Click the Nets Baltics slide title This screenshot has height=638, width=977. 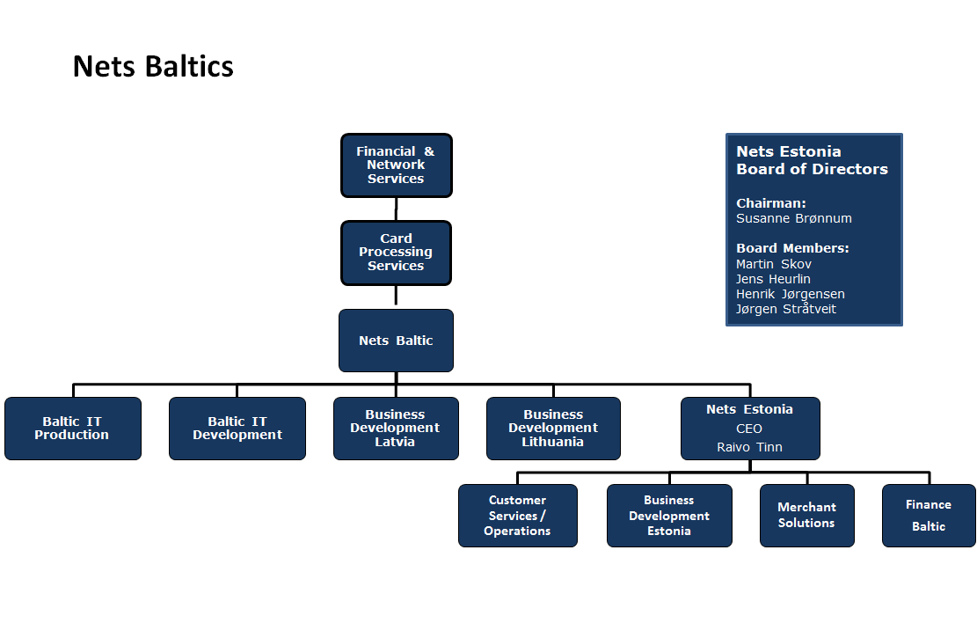pos(153,66)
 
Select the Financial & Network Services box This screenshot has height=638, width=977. pos(397,165)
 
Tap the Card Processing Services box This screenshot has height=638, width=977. pos(397,253)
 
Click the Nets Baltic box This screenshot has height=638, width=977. pos(397,341)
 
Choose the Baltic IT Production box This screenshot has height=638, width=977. pos(73,429)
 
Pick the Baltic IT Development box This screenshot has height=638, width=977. pos(237,429)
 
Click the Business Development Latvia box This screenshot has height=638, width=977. pos(396,429)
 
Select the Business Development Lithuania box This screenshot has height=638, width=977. pos(553,429)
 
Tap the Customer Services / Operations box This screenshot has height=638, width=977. pos(518,516)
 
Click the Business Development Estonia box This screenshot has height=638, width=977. pos(669,516)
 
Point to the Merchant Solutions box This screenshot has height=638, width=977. pos(807,516)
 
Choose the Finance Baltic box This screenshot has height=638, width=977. pos(929,516)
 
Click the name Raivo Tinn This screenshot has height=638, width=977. pos(749,447)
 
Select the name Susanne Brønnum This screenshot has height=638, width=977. pos(794,218)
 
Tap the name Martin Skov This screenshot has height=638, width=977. pos(774,264)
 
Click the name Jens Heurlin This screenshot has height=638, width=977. pos(773,279)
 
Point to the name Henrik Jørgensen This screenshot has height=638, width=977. pos(791,294)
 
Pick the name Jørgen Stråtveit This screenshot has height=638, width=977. pos(786,309)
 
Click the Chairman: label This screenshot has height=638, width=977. pos(771,203)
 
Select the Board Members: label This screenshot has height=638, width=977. pos(792,248)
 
